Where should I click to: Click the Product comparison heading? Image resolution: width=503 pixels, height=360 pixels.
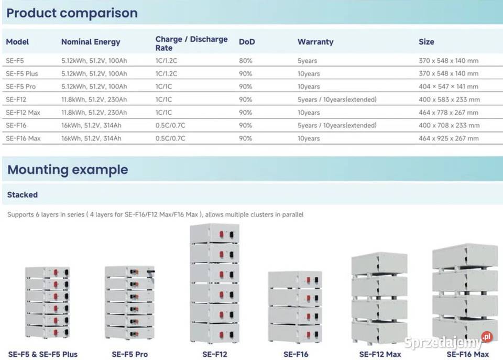click(72, 13)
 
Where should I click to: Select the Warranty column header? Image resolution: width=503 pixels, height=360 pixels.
click(315, 42)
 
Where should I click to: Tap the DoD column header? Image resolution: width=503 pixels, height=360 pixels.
click(247, 42)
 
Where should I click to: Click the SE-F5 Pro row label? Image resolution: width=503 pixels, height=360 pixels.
click(21, 86)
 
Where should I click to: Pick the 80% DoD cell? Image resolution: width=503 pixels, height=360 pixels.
click(245, 61)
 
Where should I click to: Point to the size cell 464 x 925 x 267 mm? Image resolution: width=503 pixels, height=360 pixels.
click(449, 138)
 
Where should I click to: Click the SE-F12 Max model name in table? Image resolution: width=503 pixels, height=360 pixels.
click(23, 113)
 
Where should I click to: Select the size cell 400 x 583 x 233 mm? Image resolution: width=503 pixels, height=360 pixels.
click(449, 100)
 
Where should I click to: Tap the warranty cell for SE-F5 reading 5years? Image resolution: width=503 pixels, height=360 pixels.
click(308, 61)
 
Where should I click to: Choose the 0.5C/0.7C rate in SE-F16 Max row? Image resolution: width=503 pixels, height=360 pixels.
click(170, 138)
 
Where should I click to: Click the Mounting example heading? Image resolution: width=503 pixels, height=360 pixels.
click(68, 169)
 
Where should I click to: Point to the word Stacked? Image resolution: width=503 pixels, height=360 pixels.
click(23, 195)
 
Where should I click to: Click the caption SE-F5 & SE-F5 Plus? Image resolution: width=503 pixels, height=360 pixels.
click(42, 354)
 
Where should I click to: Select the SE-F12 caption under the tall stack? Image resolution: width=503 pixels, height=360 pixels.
click(215, 354)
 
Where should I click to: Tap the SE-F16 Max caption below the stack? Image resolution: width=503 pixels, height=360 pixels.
click(468, 354)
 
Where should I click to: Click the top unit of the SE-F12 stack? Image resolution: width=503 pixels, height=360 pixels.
click(215, 233)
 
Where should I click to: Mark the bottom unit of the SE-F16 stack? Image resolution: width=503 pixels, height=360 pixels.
click(295, 334)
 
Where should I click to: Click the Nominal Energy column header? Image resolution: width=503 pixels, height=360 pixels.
click(91, 42)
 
